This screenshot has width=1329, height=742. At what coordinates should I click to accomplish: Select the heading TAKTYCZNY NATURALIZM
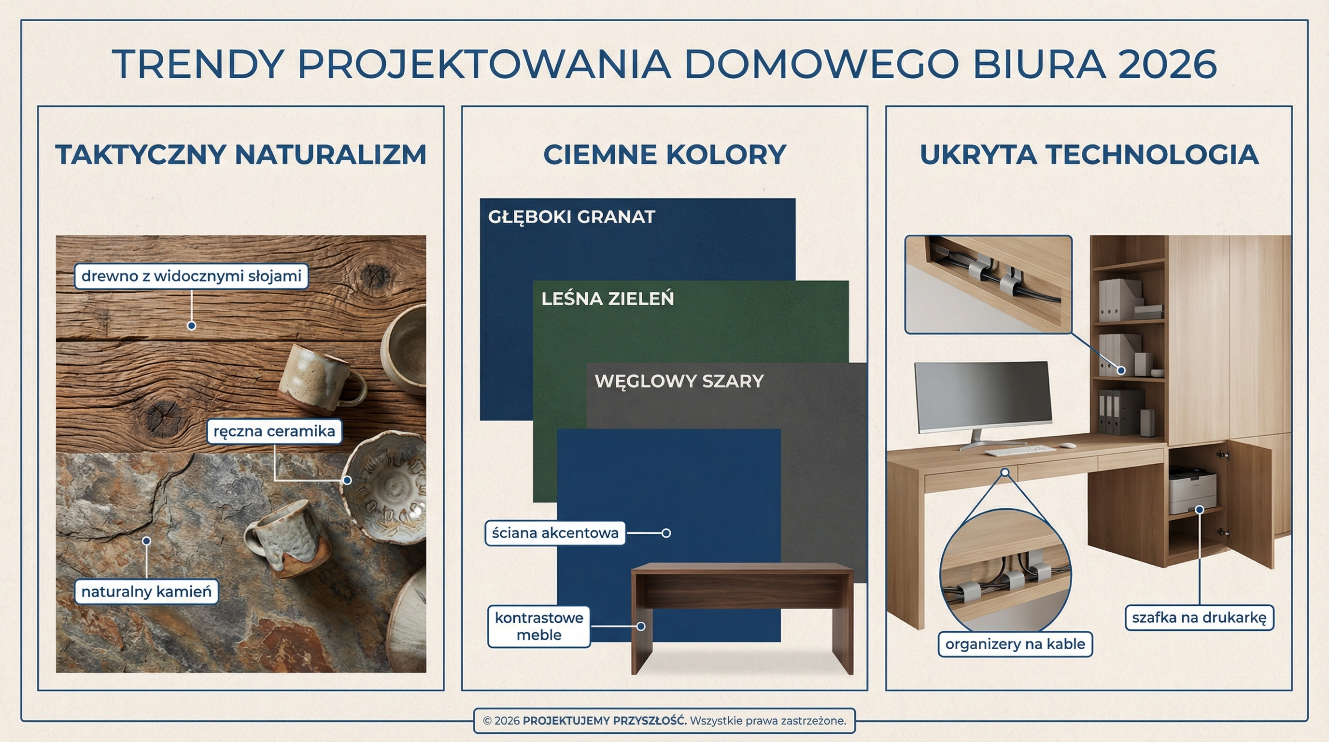click(240, 155)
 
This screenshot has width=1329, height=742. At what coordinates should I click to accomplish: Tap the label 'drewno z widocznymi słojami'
click(191, 276)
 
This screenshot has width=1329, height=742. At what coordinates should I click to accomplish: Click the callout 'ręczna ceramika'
click(274, 431)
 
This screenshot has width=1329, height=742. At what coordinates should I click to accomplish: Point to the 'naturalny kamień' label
click(146, 591)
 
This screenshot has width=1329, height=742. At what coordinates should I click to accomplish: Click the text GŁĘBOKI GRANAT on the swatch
click(571, 217)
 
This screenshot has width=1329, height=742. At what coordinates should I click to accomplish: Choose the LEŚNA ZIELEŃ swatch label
click(607, 299)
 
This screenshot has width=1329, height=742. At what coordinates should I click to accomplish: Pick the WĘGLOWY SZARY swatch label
click(679, 381)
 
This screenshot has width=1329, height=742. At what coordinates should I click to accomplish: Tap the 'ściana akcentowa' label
click(554, 533)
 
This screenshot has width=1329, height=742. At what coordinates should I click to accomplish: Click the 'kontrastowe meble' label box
click(538, 627)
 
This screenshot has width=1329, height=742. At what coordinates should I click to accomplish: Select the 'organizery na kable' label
click(1015, 644)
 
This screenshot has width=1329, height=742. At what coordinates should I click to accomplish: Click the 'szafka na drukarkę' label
click(1199, 618)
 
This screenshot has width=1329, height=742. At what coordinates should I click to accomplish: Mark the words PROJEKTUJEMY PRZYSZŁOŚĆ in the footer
click(604, 721)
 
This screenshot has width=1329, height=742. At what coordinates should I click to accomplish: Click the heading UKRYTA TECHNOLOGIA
click(1089, 155)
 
